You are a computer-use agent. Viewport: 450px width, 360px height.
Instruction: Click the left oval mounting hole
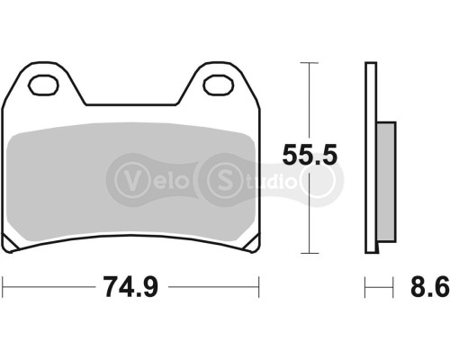[42, 86]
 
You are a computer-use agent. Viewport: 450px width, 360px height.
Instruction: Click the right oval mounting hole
[218, 86]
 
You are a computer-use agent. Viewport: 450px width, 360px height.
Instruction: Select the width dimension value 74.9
[131, 289]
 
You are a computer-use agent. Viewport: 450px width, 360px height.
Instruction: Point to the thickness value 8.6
[430, 289]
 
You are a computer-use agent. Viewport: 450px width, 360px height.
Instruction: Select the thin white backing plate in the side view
[371, 157]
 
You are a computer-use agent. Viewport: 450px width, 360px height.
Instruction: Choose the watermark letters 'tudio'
[265, 177]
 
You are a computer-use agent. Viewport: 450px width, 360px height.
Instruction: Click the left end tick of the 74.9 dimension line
[3, 288]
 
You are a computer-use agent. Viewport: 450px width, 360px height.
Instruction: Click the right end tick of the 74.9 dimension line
[259, 288]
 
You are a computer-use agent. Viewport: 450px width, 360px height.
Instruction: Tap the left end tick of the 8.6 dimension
[366, 288]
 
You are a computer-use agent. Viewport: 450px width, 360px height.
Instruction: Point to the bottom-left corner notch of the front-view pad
[11, 246]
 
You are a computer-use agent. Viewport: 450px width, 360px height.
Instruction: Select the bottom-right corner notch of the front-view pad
[250, 246]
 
